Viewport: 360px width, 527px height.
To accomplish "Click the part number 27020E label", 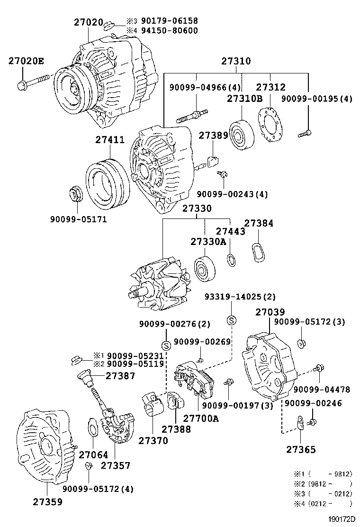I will tap(26, 61).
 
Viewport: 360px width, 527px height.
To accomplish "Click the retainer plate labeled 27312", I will tap(270, 126).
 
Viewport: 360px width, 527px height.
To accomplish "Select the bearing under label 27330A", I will tap(207, 270).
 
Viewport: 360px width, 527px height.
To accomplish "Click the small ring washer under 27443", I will tap(231, 260).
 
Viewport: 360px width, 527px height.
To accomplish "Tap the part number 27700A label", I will tap(201, 418).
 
